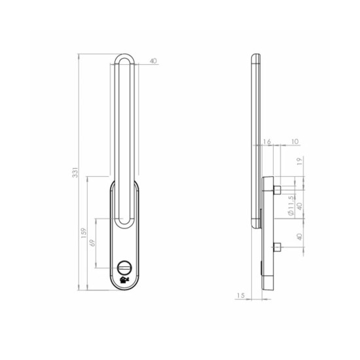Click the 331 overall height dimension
[75, 172]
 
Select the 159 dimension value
[84, 233]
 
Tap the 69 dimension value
[92, 243]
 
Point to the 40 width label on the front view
[153, 61]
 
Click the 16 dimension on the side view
[267, 141]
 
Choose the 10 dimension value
[295, 141]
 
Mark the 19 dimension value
[300, 162]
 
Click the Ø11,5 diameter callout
[291, 206]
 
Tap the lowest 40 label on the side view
[300, 237]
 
